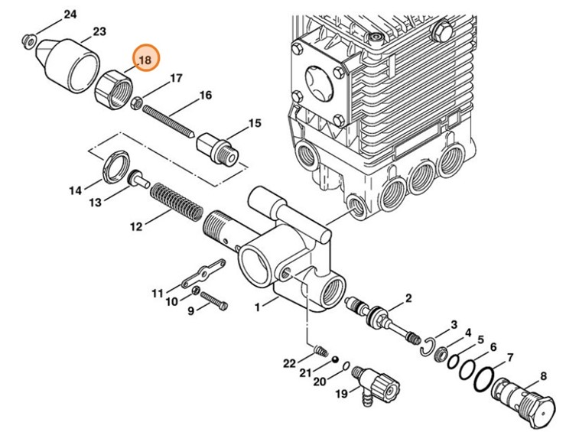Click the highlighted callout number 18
pos(145,59)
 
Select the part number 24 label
pos(70,15)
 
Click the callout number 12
pos(135,226)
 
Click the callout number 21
pos(306,372)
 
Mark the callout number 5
pos(480,339)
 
